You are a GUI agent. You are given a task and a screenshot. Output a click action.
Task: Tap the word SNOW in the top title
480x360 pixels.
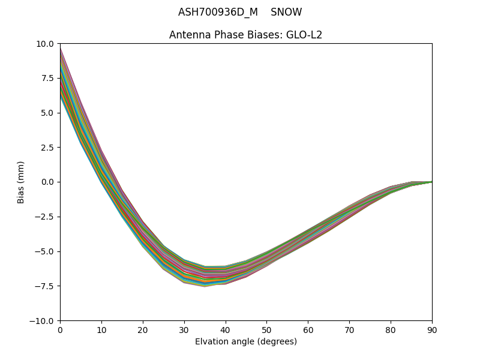pyautogui.click(x=286, y=13)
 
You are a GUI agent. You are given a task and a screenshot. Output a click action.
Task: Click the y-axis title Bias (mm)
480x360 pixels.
pyautogui.click(x=21, y=182)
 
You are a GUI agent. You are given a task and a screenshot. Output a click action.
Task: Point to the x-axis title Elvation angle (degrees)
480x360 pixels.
pyautogui.click(x=246, y=342)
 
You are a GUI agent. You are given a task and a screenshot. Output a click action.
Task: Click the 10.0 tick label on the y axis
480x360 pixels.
pyautogui.click(x=45, y=44)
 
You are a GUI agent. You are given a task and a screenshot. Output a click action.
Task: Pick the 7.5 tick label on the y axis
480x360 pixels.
pyautogui.click(x=47, y=78)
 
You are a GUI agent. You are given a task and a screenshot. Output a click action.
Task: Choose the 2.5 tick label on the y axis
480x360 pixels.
pyautogui.click(x=47, y=148)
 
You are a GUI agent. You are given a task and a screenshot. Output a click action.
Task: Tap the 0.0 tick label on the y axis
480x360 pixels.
pyautogui.click(x=47, y=182)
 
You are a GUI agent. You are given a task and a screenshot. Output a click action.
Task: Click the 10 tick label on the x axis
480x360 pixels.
pyautogui.click(x=101, y=329)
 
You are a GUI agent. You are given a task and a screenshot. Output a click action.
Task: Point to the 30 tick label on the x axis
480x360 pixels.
pyautogui.click(x=184, y=329)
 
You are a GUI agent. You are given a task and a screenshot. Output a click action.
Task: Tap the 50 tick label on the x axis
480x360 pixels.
pyautogui.click(x=266, y=329)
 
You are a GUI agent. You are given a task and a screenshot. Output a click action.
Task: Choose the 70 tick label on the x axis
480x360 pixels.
pyautogui.click(x=349, y=329)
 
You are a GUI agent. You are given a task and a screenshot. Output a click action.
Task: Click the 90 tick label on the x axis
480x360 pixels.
pyautogui.click(x=432, y=329)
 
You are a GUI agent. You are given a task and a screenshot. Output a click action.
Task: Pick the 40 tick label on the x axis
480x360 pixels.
pyautogui.click(x=226, y=329)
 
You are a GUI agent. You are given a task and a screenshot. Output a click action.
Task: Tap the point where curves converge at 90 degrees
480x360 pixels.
pyautogui.click(x=431, y=182)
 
